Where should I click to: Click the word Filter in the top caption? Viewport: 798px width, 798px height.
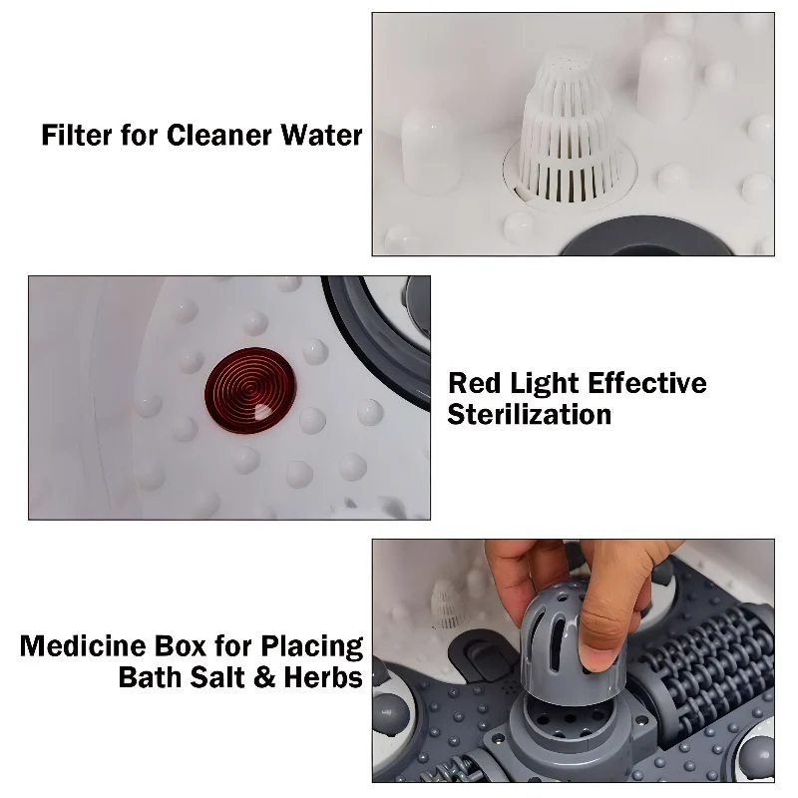[x=77, y=136]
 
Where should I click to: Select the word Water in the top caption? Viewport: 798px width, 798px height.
[x=321, y=136]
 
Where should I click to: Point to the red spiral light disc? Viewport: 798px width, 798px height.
[x=250, y=390]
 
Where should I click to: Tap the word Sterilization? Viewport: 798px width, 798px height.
[x=530, y=415]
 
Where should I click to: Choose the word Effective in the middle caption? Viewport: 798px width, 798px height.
[x=647, y=383]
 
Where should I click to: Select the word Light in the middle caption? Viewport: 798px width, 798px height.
[x=544, y=384]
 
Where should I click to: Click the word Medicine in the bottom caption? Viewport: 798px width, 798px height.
[x=83, y=645]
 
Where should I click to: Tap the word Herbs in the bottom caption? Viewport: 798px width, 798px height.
[x=323, y=677]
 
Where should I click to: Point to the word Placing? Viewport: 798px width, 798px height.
[x=312, y=646]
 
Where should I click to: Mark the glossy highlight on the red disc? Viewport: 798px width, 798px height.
[x=263, y=412]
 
